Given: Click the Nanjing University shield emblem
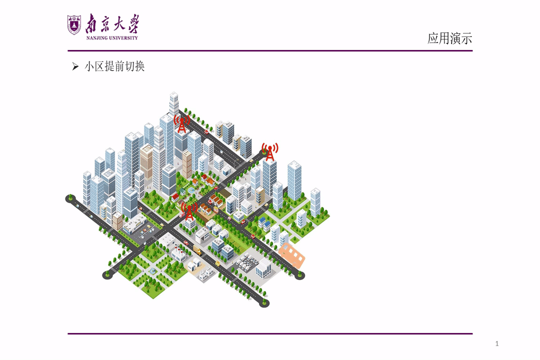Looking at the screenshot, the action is (74, 25).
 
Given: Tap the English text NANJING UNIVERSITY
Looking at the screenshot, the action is (112, 38).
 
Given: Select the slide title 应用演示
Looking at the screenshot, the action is (450, 38).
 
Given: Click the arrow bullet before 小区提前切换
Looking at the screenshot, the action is (75, 66).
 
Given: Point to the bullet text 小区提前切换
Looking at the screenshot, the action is (114, 66).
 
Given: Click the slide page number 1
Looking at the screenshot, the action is (497, 343).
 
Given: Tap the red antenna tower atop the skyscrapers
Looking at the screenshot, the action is (182, 124).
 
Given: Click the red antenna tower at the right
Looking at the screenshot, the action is (270, 152).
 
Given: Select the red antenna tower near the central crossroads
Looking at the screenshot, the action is (189, 211).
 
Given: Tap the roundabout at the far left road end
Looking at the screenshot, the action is (70, 198).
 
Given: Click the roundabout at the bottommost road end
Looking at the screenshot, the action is (264, 303).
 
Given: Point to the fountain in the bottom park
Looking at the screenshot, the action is (152, 271).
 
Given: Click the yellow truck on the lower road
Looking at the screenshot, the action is (197, 249).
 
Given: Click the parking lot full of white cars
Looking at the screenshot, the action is (247, 262).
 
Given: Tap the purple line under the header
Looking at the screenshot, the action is (270, 50).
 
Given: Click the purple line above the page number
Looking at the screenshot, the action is (270, 333).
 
